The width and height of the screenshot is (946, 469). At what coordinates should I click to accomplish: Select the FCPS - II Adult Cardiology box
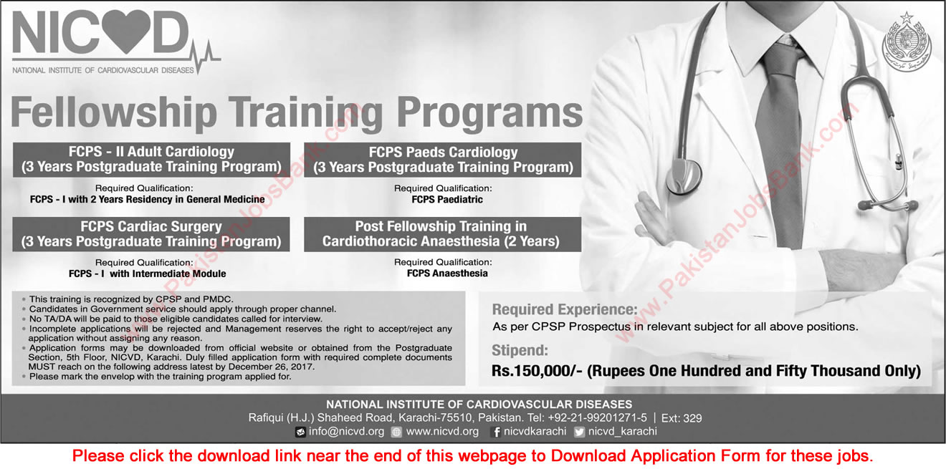point(151,159)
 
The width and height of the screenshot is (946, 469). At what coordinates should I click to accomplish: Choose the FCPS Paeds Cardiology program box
point(442,159)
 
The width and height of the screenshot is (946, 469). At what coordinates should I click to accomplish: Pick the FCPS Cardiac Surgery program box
point(151,233)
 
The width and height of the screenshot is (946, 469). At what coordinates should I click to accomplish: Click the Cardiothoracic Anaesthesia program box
point(442,233)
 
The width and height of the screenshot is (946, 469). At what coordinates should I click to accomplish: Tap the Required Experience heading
point(564,310)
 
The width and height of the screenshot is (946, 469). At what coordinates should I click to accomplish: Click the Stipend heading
point(521,351)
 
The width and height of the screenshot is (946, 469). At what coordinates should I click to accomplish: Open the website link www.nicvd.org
point(442,432)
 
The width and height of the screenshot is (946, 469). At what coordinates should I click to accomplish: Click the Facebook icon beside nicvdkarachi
point(495,432)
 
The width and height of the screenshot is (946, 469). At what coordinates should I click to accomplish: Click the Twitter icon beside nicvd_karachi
point(580,432)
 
